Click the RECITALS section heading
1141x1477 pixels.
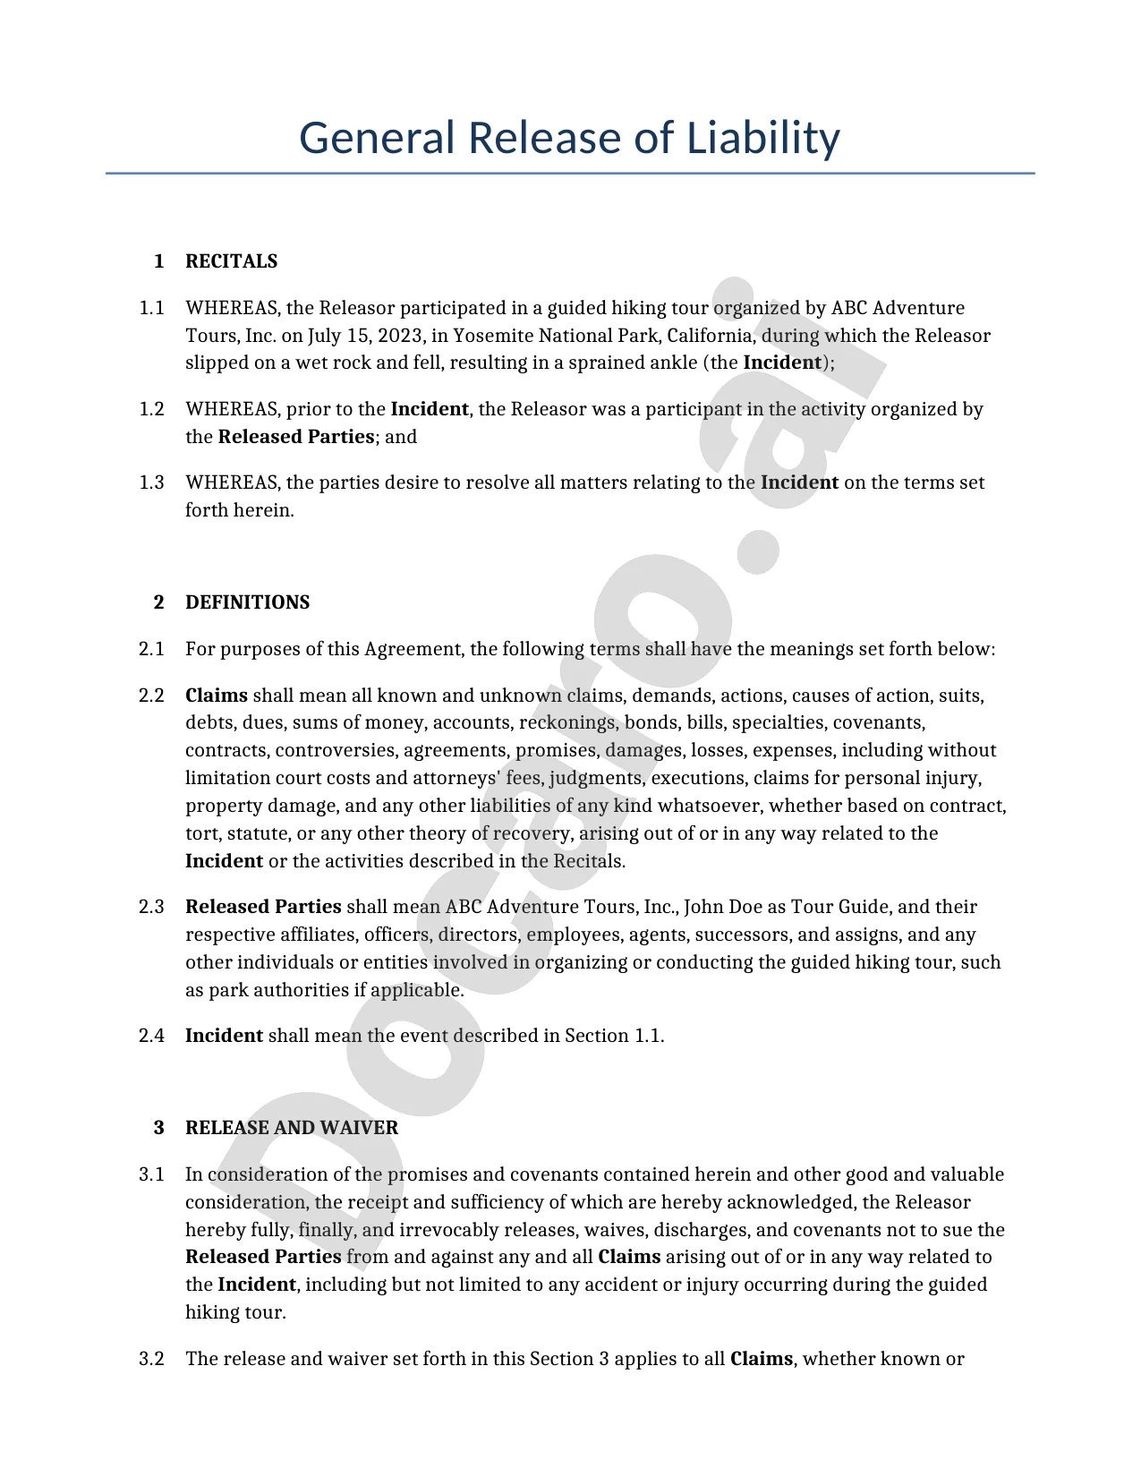tap(231, 261)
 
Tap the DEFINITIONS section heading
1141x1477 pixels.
tap(247, 602)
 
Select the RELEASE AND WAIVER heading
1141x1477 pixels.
tap(291, 1128)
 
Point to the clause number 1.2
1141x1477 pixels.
tap(151, 410)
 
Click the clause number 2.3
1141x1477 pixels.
tap(151, 907)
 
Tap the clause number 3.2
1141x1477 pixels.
tap(151, 1360)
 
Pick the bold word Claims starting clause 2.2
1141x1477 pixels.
tap(217, 696)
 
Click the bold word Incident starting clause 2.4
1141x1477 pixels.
tap(224, 1036)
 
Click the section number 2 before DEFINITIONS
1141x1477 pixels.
tap(159, 602)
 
